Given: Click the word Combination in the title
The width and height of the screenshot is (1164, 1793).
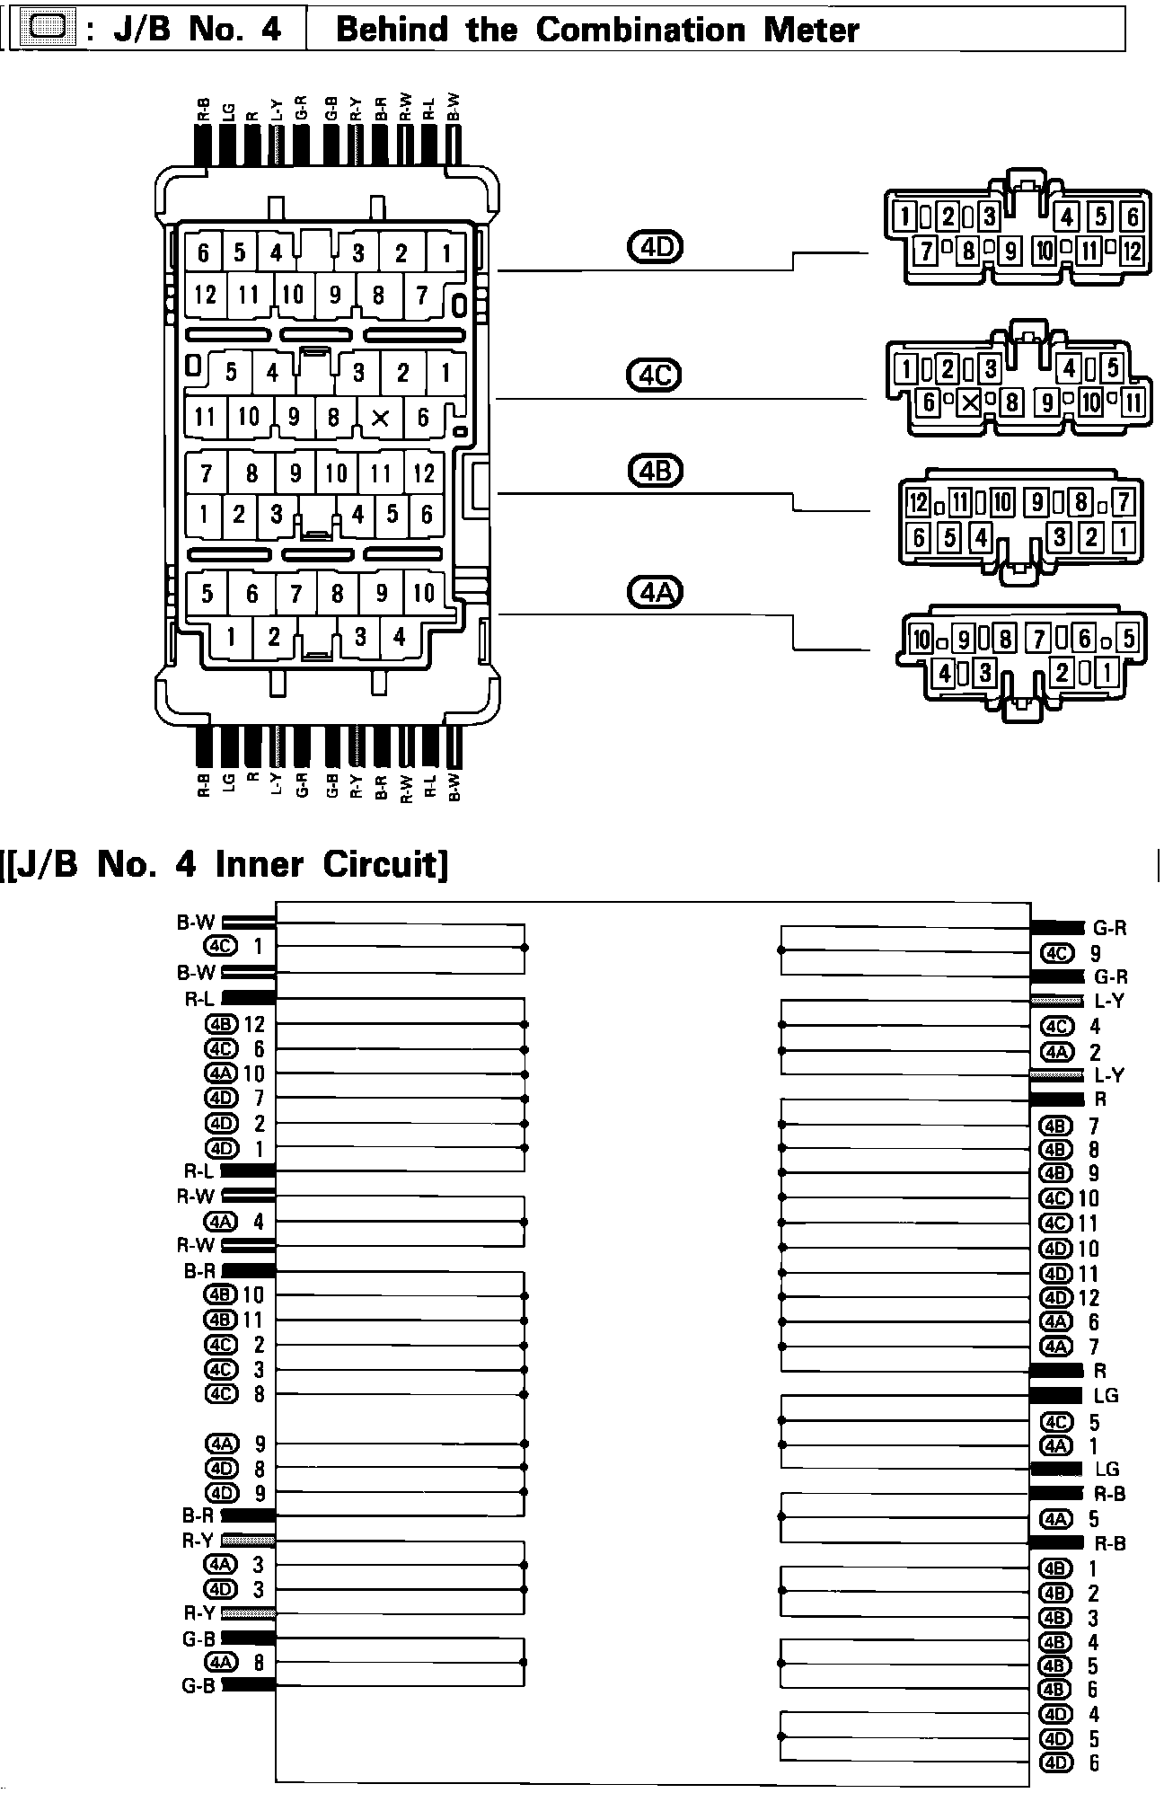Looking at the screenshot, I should (640, 31).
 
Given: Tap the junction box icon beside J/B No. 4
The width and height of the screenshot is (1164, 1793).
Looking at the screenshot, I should (47, 30).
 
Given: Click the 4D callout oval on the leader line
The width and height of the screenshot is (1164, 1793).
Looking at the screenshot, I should (655, 246).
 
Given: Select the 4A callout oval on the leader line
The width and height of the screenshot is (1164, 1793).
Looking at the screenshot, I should (655, 592).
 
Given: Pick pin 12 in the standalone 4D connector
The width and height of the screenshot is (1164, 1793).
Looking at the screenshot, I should (1132, 251).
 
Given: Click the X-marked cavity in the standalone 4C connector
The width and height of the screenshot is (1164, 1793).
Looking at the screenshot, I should (969, 402).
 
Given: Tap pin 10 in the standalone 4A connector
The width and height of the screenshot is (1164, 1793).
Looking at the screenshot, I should (921, 640).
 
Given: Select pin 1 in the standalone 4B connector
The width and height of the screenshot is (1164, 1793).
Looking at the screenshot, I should (1124, 537).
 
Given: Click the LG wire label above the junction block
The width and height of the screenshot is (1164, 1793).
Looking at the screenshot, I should (228, 111).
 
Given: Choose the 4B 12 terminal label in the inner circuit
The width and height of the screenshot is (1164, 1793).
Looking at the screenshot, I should (235, 1024).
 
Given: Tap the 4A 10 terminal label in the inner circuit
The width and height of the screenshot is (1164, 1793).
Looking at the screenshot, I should (235, 1073).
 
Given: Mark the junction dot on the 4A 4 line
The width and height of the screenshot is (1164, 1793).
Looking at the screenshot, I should (525, 1222).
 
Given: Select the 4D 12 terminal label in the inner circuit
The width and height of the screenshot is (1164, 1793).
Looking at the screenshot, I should (1071, 1297).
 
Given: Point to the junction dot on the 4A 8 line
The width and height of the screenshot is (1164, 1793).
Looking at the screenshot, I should (525, 1662).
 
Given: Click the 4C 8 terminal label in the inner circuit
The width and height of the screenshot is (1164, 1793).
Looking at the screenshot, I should (235, 1394).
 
